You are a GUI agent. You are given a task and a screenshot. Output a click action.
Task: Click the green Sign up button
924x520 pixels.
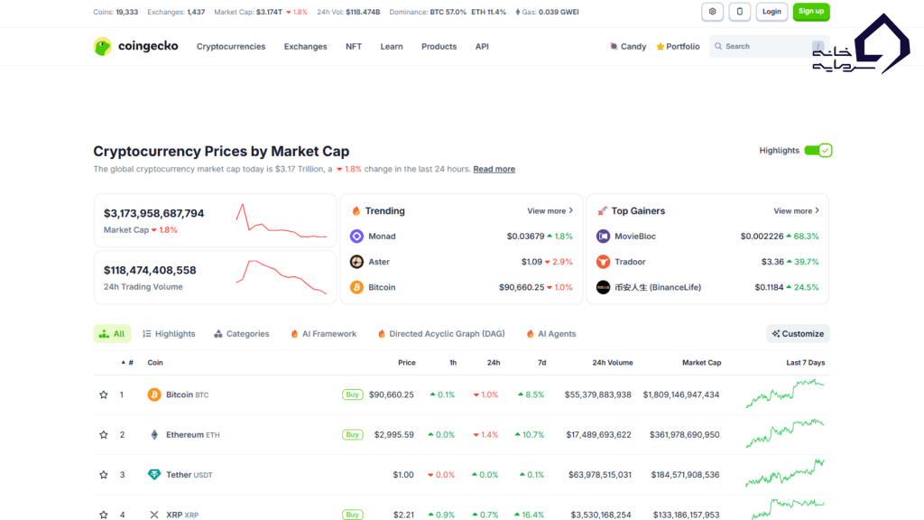click(810, 12)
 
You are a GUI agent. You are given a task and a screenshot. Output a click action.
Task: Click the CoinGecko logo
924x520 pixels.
click(136, 46)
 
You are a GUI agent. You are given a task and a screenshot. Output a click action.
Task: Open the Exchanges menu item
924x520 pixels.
click(305, 47)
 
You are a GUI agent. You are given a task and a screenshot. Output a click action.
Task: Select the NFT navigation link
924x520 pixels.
click(354, 47)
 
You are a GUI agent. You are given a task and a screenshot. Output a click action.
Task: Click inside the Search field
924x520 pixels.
click(762, 46)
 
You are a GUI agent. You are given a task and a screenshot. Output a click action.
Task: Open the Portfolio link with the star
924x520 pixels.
click(678, 47)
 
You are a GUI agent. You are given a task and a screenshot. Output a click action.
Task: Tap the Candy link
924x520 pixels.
click(628, 47)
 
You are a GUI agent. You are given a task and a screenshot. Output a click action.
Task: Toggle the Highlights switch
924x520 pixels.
click(818, 151)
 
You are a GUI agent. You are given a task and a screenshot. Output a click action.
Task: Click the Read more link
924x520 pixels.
click(494, 169)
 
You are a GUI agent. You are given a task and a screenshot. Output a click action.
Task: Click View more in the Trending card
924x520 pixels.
click(550, 211)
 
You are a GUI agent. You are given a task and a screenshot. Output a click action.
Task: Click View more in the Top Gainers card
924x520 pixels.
click(796, 211)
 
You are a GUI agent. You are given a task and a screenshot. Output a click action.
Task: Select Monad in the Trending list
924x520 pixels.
click(382, 237)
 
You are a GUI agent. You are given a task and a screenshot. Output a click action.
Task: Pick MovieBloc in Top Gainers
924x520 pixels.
click(634, 237)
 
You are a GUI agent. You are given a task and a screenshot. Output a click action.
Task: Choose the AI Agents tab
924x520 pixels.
click(550, 334)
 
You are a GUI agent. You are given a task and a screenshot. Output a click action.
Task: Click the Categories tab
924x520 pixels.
click(242, 334)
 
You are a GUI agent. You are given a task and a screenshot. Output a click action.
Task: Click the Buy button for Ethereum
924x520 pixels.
click(352, 434)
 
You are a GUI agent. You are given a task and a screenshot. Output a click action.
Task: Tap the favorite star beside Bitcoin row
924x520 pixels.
click(104, 395)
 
